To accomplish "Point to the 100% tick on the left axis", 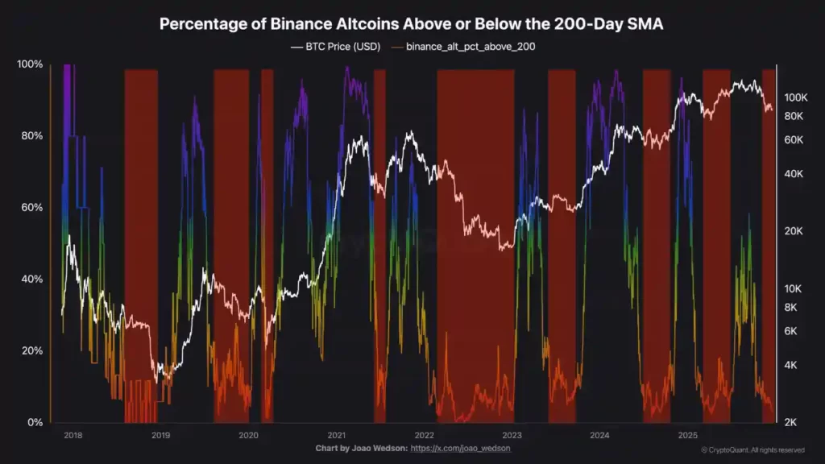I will [x=30, y=64].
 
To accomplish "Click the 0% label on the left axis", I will [x=35, y=422].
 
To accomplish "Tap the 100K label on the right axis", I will [x=795, y=97].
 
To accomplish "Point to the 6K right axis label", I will [x=790, y=331].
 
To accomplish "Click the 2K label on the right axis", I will [x=790, y=422].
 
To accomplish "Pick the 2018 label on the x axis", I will [x=73, y=435].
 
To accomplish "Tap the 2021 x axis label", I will [x=336, y=435].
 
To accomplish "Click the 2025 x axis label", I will [x=687, y=435].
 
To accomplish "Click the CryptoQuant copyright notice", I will [x=752, y=449].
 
